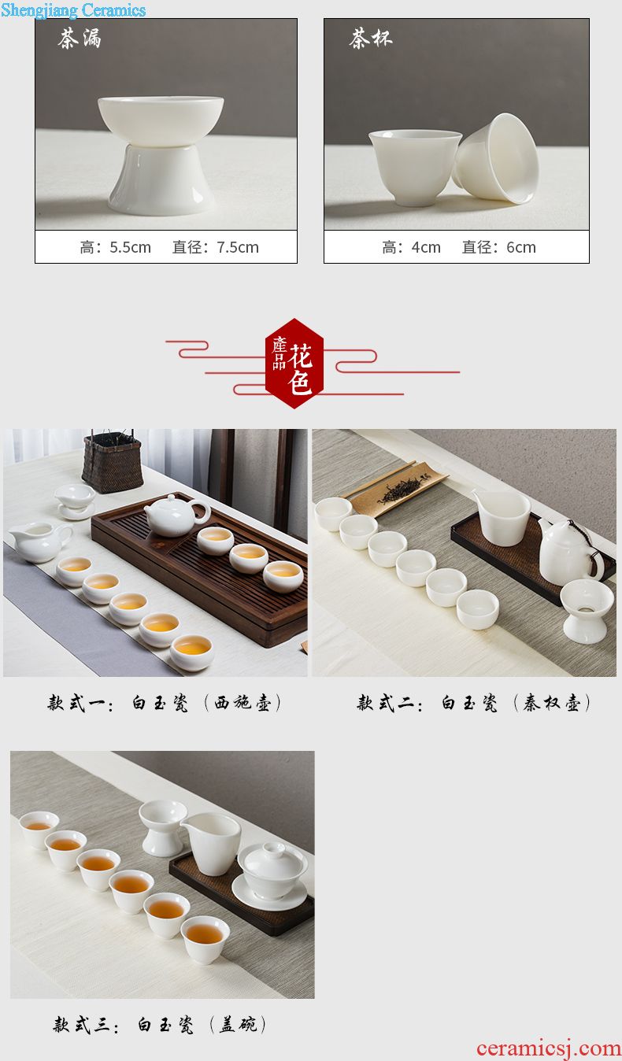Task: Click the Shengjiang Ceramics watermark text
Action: [x=73, y=9]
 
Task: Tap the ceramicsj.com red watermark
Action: [x=549, y=1048]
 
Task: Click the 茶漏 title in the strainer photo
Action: [x=80, y=39]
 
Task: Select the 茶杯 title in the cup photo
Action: [x=371, y=38]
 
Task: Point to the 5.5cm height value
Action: [x=130, y=247]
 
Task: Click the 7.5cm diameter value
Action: [x=238, y=247]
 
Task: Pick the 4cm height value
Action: [x=426, y=247]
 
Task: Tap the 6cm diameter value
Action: [x=521, y=247]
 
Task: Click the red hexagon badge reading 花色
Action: [x=294, y=364]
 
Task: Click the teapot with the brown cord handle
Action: [x=571, y=551]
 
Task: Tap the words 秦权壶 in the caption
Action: [x=551, y=703]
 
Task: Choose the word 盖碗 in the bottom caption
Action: [x=238, y=1025]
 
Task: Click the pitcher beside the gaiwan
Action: [x=210, y=844]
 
